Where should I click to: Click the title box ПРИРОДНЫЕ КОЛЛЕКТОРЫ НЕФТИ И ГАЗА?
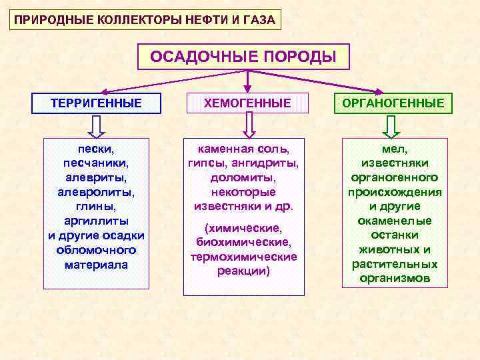coord(144,19)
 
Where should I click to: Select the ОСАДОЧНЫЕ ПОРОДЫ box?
coord(243,57)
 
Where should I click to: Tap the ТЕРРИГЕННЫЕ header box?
coord(97,103)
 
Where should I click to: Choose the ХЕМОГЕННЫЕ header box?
coord(247,103)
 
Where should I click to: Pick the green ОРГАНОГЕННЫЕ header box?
coord(393,103)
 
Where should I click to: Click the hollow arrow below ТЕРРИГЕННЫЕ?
coord(96,125)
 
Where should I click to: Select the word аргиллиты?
coord(96,221)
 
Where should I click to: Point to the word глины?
coord(96,206)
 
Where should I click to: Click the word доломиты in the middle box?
coord(243,177)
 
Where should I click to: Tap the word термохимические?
coord(243,257)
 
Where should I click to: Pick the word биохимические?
coord(243,242)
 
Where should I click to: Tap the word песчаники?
coord(96,163)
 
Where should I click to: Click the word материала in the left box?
coord(96,264)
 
